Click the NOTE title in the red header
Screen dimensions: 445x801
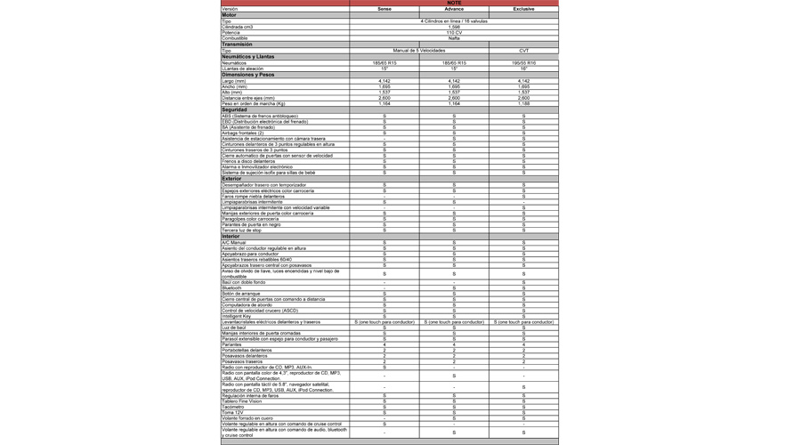[x=454, y=3]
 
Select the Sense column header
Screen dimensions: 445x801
[x=384, y=9]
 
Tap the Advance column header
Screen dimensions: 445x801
[x=454, y=9]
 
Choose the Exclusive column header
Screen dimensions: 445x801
[x=524, y=9]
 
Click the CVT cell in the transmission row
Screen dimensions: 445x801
[x=524, y=51]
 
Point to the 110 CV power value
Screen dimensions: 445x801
[x=454, y=33]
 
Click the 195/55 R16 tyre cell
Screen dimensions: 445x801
[x=524, y=63]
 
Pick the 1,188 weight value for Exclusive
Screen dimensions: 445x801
[x=524, y=104]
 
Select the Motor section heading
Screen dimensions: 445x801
[x=230, y=15]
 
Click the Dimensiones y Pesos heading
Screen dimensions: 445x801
[x=248, y=75]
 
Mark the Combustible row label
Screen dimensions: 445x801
[x=235, y=38]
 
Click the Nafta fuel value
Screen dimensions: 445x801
[x=454, y=38]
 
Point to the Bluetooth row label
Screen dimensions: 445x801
[x=231, y=288]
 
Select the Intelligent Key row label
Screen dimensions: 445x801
[x=237, y=316]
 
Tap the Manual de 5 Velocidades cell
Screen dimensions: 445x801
[x=418, y=51]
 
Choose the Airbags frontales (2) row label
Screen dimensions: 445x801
[x=243, y=133]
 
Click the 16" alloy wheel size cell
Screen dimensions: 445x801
[x=524, y=69]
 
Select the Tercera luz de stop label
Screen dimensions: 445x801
[x=242, y=231]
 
